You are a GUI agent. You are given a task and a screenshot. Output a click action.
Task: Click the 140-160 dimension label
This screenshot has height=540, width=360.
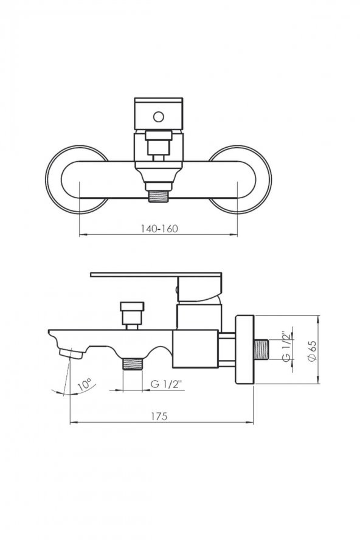click(159, 228)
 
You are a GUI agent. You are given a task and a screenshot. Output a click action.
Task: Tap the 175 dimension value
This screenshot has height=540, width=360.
click(159, 416)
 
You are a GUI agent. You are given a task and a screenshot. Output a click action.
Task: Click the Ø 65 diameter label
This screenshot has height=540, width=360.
click(312, 351)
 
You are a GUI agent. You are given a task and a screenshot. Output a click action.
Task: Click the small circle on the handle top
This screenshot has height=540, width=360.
click(159, 117)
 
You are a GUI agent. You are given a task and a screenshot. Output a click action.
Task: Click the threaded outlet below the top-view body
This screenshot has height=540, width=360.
click(159, 196)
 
